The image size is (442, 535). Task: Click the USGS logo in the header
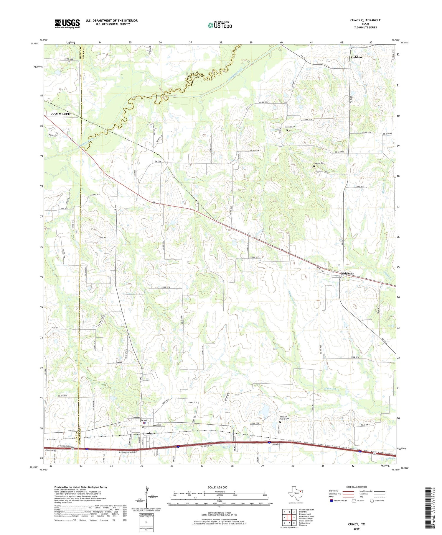[x=67, y=24]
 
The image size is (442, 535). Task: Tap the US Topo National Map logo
[x=220, y=25]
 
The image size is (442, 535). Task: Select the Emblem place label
[x=356, y=57]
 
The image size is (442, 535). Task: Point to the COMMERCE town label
[x=60, y=114]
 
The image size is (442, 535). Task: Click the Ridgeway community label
[x=348, y=274]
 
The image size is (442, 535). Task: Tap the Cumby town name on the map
[x=147, y=433]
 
